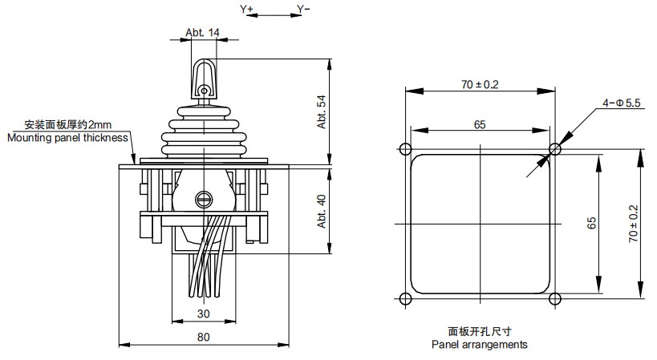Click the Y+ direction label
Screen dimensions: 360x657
[x=246, y=9]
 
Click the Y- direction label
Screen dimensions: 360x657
[x=303, y=9]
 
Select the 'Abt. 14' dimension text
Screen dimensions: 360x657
[x=202, y=33]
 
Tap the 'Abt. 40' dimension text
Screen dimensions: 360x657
[x=321, y=210]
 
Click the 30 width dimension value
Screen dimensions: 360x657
[x=203, y=313]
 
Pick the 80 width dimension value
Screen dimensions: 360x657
[x=203, y=338]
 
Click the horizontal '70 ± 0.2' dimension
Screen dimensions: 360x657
[x=479, y=84]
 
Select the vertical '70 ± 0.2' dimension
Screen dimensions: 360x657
[x=633, y=224]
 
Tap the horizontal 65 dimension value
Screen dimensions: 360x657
[x=479, y=123]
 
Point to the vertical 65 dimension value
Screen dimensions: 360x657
[x=592, y=224]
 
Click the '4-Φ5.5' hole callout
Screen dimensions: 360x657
[x=620, y=103]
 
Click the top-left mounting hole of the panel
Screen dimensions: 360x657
[x=404, y=149]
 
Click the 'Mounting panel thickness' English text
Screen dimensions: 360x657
[x=67, y=137]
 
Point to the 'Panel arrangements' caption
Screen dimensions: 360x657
[x=479, y=345]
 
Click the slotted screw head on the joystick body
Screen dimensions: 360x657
[x=203, y=195]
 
